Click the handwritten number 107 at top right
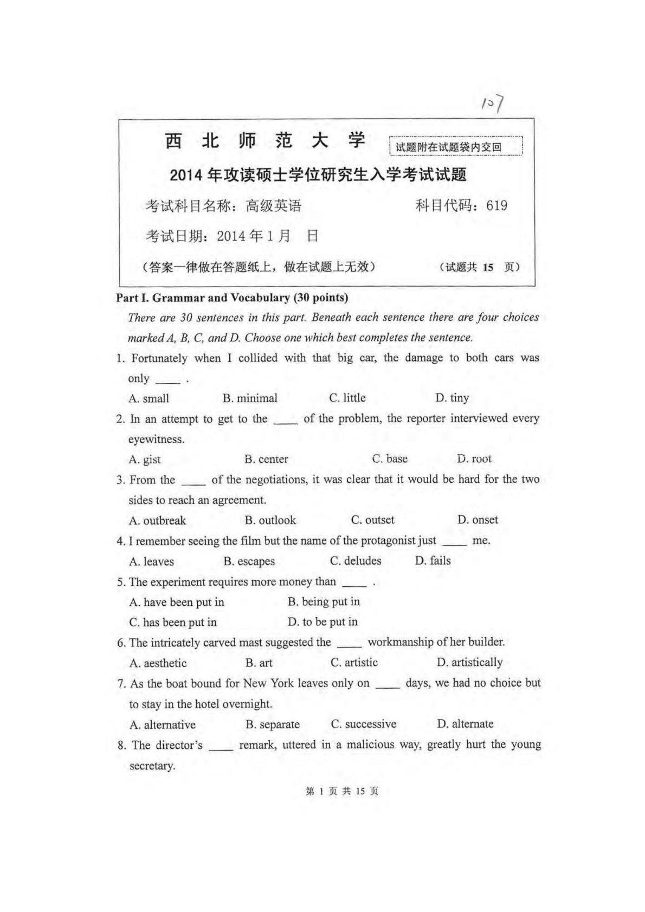[493, 102]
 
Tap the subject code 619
[496, 205]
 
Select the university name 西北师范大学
[265, 141]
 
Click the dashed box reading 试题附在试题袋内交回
[455, 146]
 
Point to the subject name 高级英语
[273, 206]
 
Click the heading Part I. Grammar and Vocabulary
[232, 297]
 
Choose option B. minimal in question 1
[250, 398]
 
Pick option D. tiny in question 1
[452, 398]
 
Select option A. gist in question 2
[145, 460]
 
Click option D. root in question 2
[474, 459]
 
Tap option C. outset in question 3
[373, 520]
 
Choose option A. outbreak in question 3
[157, 521]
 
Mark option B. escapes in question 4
[249, 561]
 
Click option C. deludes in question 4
[356, 561]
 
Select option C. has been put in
[173, 622]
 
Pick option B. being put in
[324, 601]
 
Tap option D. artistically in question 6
[469, 662]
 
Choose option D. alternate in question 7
[465, 724]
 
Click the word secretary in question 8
[152, 766]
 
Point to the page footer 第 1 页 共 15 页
[342, 791]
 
